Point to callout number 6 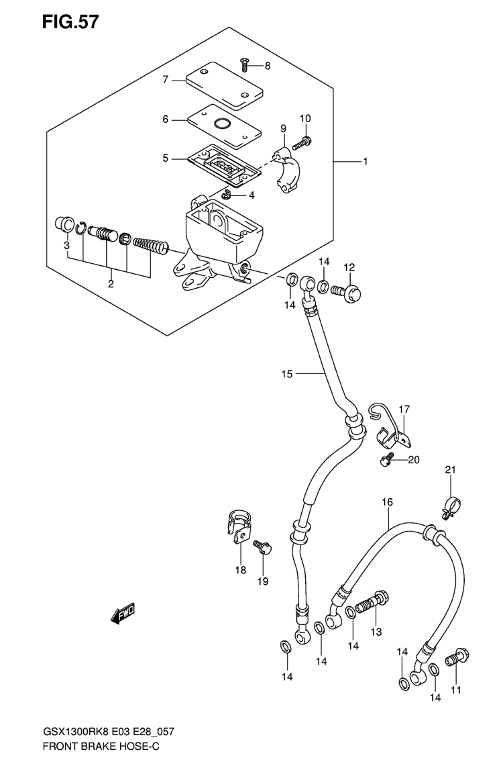coord(165,120)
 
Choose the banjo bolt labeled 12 coord(351,291)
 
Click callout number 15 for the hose coord(287,373)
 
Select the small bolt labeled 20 coord(385,459)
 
